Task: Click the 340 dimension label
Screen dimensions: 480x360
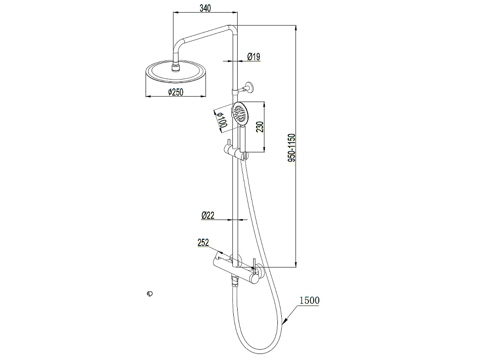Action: click(x=205, y=8)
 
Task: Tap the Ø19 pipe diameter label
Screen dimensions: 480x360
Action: click(x=254, y=56)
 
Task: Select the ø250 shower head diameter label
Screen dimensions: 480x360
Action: click(x=176, y=92)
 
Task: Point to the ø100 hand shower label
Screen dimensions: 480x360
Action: click(x=222, y=120)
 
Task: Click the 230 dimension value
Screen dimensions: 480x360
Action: click(x=260, y=127)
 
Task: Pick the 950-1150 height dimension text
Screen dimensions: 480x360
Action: click(x=292, y=148)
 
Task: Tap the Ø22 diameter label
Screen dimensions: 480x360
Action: click(x=208, y=215)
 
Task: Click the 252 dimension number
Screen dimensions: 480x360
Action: click(x=203, y=242)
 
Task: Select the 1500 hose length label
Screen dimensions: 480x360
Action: click(x=309, y=300)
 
